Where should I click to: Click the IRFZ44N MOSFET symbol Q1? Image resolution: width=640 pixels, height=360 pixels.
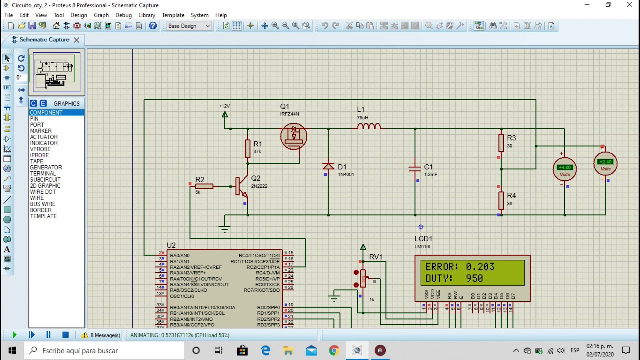[294, 136]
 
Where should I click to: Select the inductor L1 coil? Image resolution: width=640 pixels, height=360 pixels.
[369, 126]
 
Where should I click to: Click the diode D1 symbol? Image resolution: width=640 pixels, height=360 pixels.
[328, 166]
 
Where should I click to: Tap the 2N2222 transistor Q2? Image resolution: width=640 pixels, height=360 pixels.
[242, 187]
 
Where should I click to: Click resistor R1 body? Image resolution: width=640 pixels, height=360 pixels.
[248, 148]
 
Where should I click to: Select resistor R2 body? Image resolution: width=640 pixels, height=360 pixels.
[205, 186]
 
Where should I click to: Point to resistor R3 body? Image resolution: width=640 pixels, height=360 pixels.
[501, 143]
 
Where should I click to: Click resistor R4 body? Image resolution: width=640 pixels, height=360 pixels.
[501, 200]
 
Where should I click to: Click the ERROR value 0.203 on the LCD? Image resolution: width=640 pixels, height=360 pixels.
[480, 267]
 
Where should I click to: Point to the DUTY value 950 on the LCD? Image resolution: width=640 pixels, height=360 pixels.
[474, 278]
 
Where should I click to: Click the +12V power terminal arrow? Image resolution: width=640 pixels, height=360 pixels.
[225, 115]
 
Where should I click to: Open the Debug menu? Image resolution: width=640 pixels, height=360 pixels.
[123, 15]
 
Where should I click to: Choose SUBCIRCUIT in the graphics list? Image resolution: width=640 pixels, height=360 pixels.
[45, 180]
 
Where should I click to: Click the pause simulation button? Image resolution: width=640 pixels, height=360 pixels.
[48, 335]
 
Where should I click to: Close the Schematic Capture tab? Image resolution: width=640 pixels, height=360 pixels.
[76, 40]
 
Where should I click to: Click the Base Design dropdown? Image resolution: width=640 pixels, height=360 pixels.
[189, 26]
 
